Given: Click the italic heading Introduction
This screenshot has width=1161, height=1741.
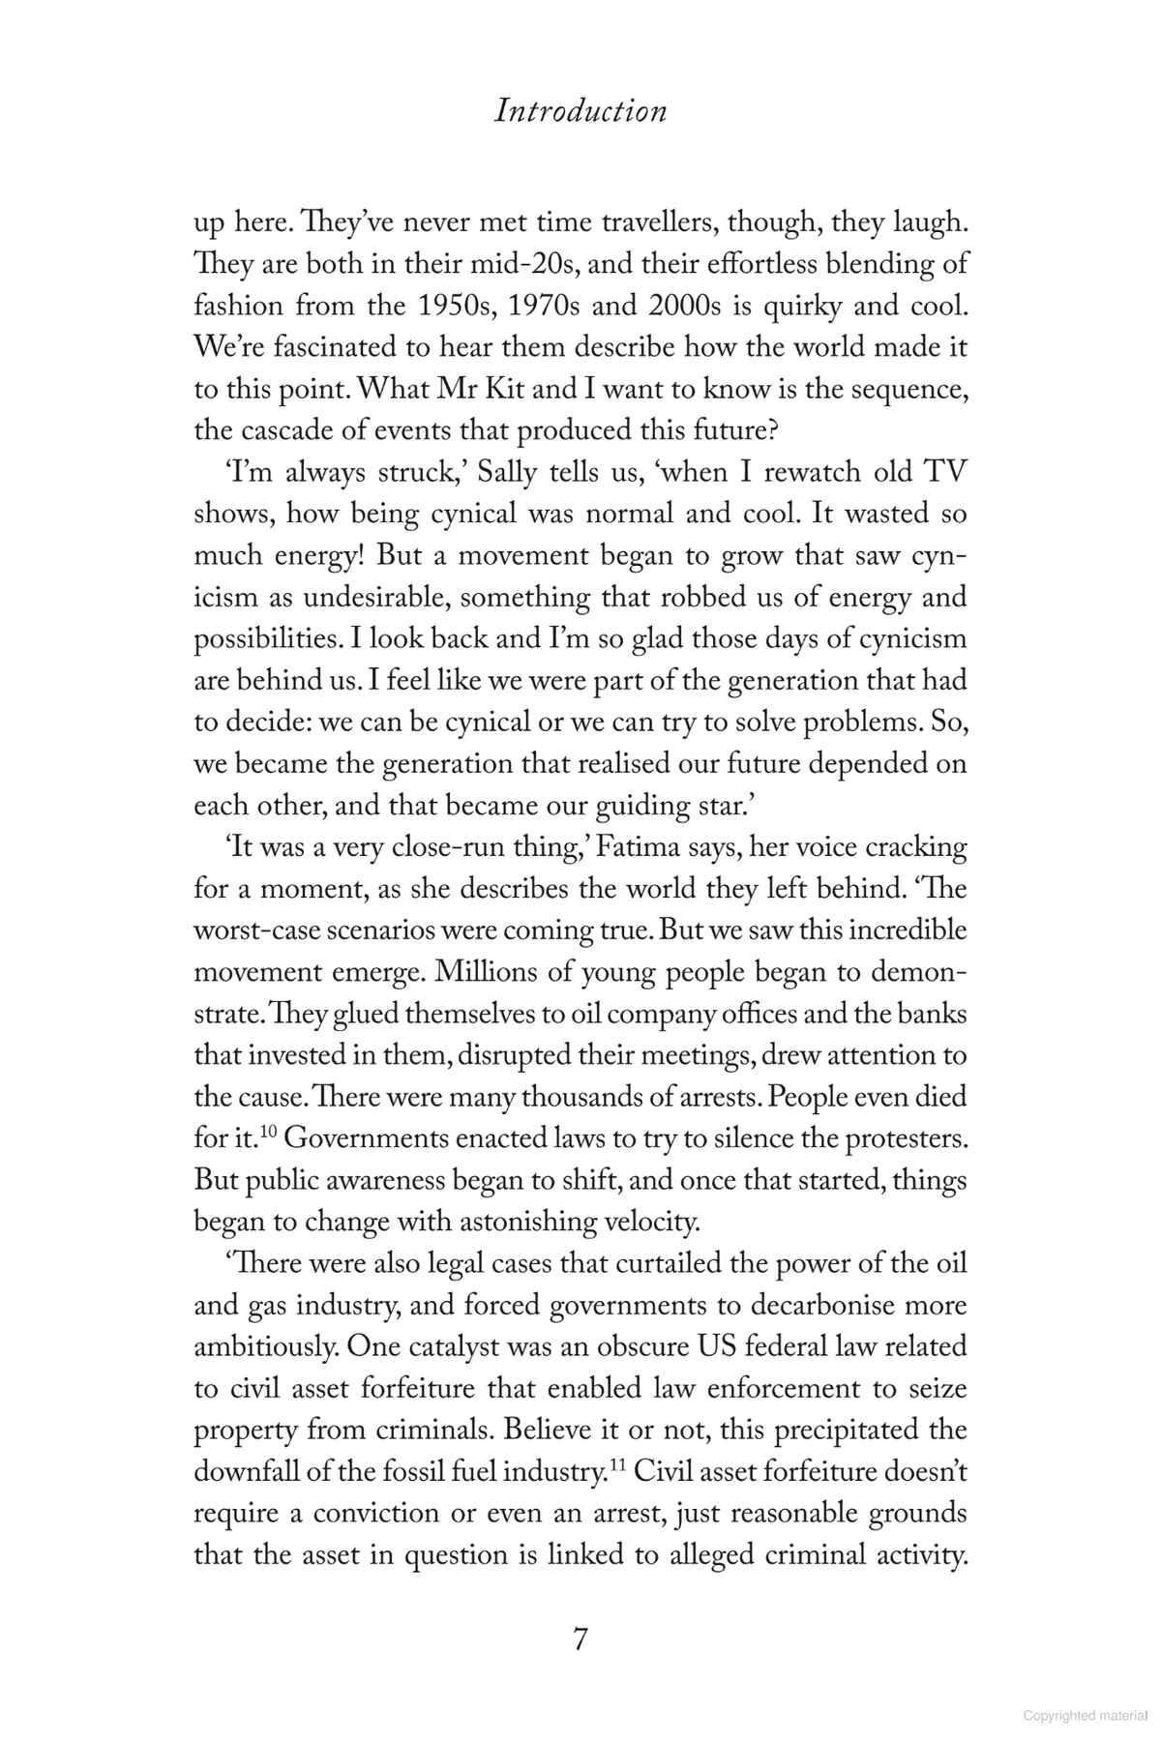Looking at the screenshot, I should [580, 111].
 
